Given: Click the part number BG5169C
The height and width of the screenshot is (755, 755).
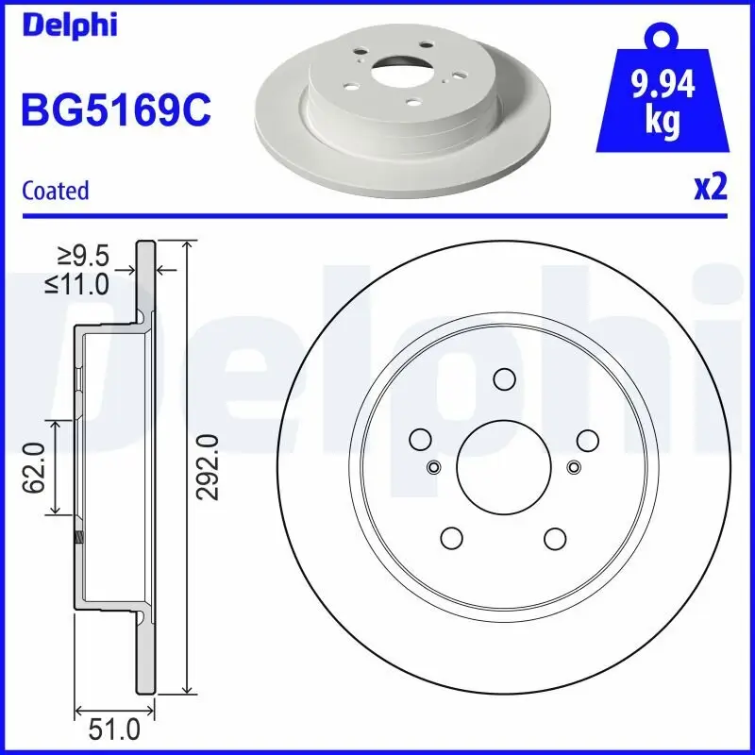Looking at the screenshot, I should [115, 111].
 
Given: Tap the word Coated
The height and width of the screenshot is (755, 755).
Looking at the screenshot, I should [55, 190].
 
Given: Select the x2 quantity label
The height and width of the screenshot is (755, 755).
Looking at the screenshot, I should [710, 188].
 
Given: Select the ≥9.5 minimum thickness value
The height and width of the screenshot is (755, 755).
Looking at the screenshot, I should [83, 255].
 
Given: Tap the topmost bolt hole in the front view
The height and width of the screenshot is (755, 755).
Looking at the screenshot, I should [504, 378].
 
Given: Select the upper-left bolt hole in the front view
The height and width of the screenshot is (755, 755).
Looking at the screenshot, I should [421, 439].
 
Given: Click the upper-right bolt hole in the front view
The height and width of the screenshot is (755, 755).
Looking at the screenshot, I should [586, 439].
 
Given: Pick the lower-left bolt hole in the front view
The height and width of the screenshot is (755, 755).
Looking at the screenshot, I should [452, 536].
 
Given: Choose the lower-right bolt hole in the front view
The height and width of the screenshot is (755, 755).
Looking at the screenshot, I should [555, 536].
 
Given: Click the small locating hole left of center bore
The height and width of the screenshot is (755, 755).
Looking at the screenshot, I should [434, 466].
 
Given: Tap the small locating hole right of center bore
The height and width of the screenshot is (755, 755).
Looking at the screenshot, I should [573, 466].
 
